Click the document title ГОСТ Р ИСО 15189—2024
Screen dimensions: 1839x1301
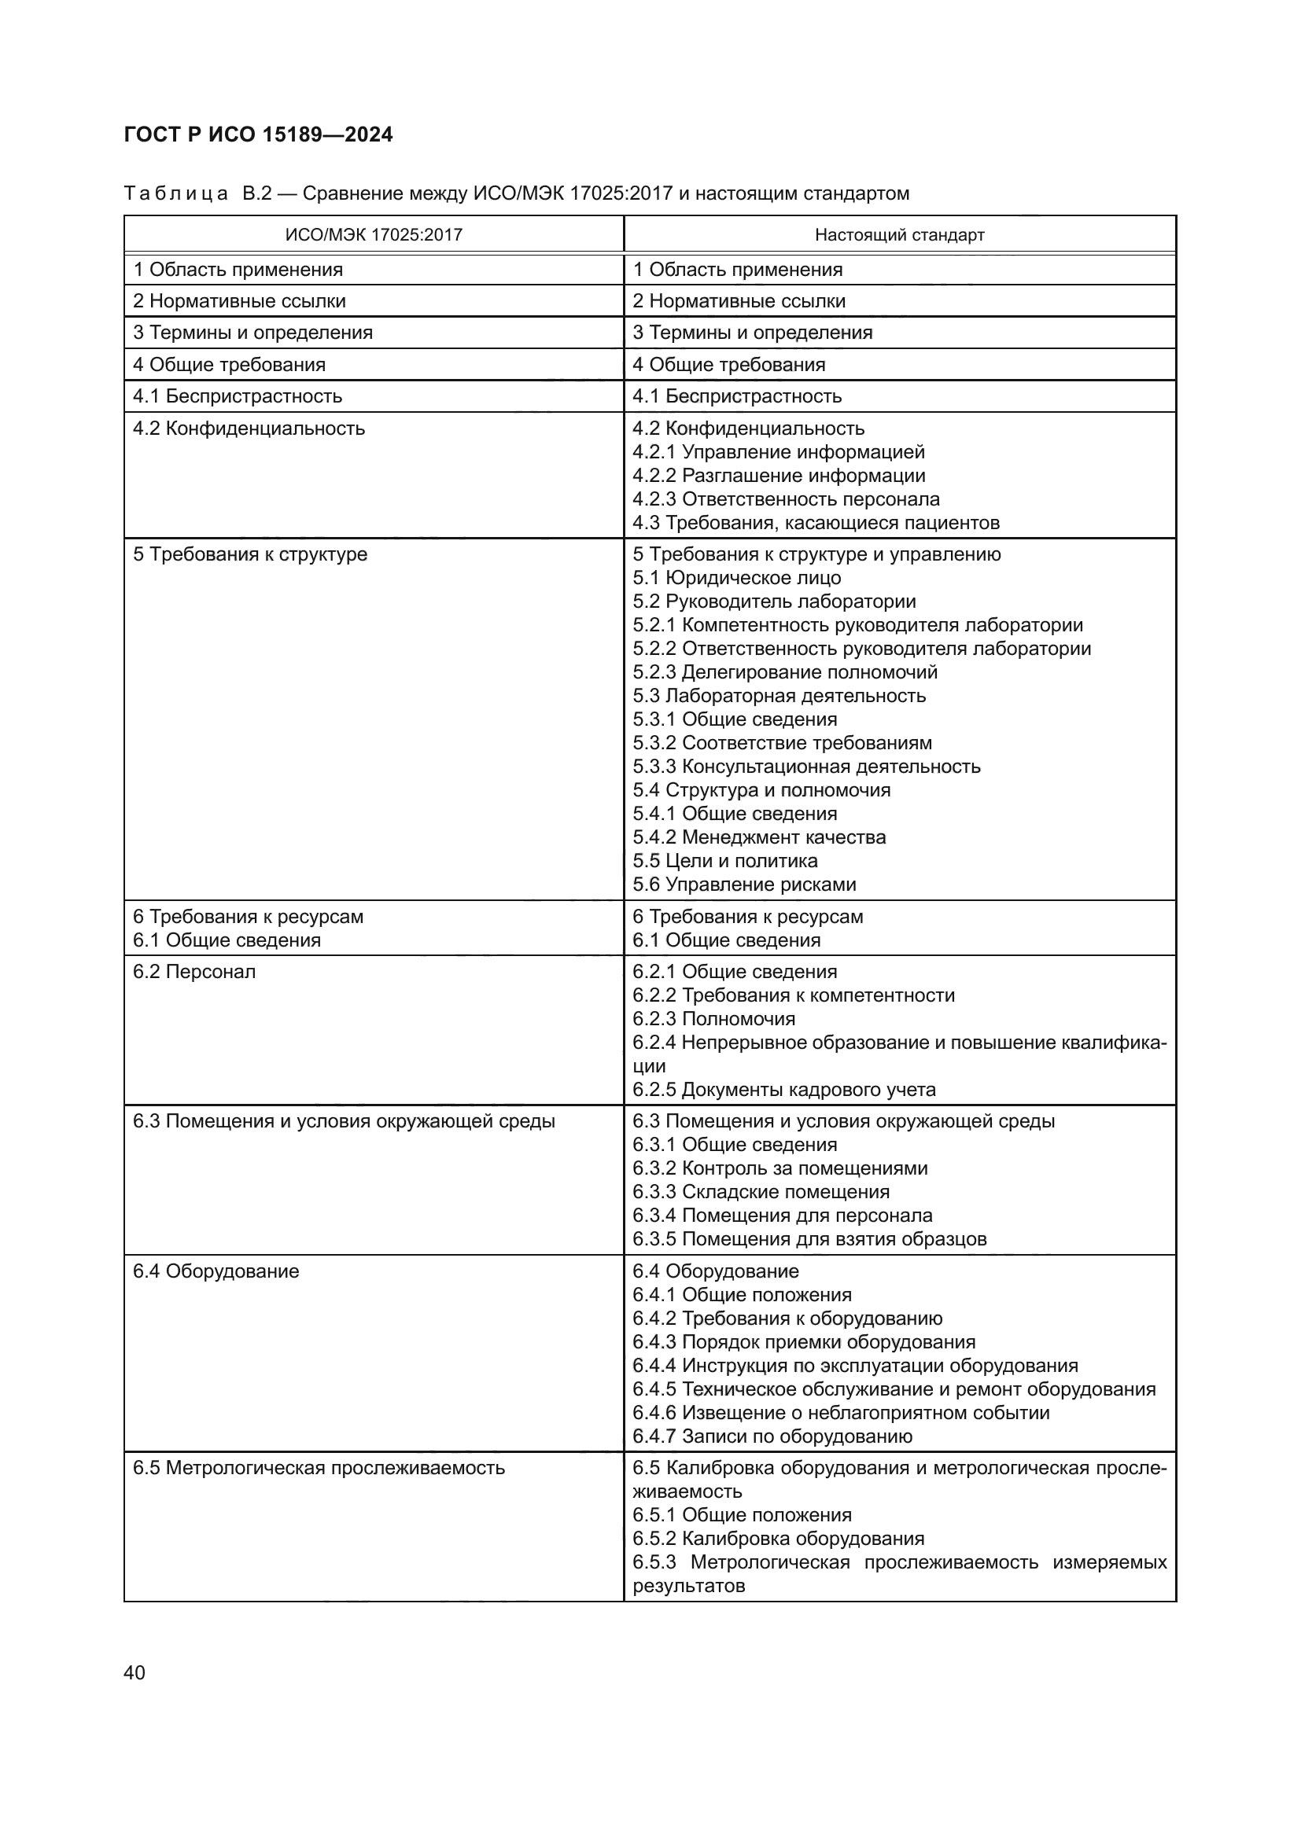pyautogui.click(x=258, y=134)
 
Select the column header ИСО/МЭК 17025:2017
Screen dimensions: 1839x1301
pyautogui.click(x=374, y=234)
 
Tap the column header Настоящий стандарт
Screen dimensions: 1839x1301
pyautogui.click(x=899, y=234)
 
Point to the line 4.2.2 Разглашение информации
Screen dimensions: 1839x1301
pyautogui.click(x=779, y=476)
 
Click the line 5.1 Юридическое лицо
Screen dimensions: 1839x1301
pyautogui.click(x=736, y=578)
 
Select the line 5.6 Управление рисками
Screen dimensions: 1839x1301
pyautogui.click(x=744, y=885)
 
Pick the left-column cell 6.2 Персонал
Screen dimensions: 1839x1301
pyautogui.click(x=193, y=972)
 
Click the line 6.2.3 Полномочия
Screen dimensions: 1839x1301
pyautogui.click(x=713, y=1019)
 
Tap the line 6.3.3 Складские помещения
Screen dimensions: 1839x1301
pyautogui.click(x=761, y=1192)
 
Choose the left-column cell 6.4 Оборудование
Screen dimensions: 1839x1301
pyautogui.click(x=216, y=1271)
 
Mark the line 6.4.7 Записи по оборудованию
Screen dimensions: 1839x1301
pyautogui.click(x=772, y=1436)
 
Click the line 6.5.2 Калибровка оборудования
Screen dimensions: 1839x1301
pyautogui.click(x=778, y=1539)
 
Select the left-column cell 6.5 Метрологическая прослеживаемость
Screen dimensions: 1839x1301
pyautogui.click(x=319, y=1468)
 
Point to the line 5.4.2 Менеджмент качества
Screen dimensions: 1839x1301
pyautogui.click(x=758, y=837)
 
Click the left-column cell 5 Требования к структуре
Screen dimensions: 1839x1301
pyautogui.click(x=250, y=554)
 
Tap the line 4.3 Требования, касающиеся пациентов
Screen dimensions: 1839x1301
pyautogui.click(x=816, y=523)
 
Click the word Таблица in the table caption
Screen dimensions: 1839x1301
pyautogui.click(x=176, y=194)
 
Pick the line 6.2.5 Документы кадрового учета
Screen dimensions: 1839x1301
pyautogui.click(x=783, y=1089)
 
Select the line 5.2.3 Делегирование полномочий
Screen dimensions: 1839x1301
pyautogui.click(x=784, y=672)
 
